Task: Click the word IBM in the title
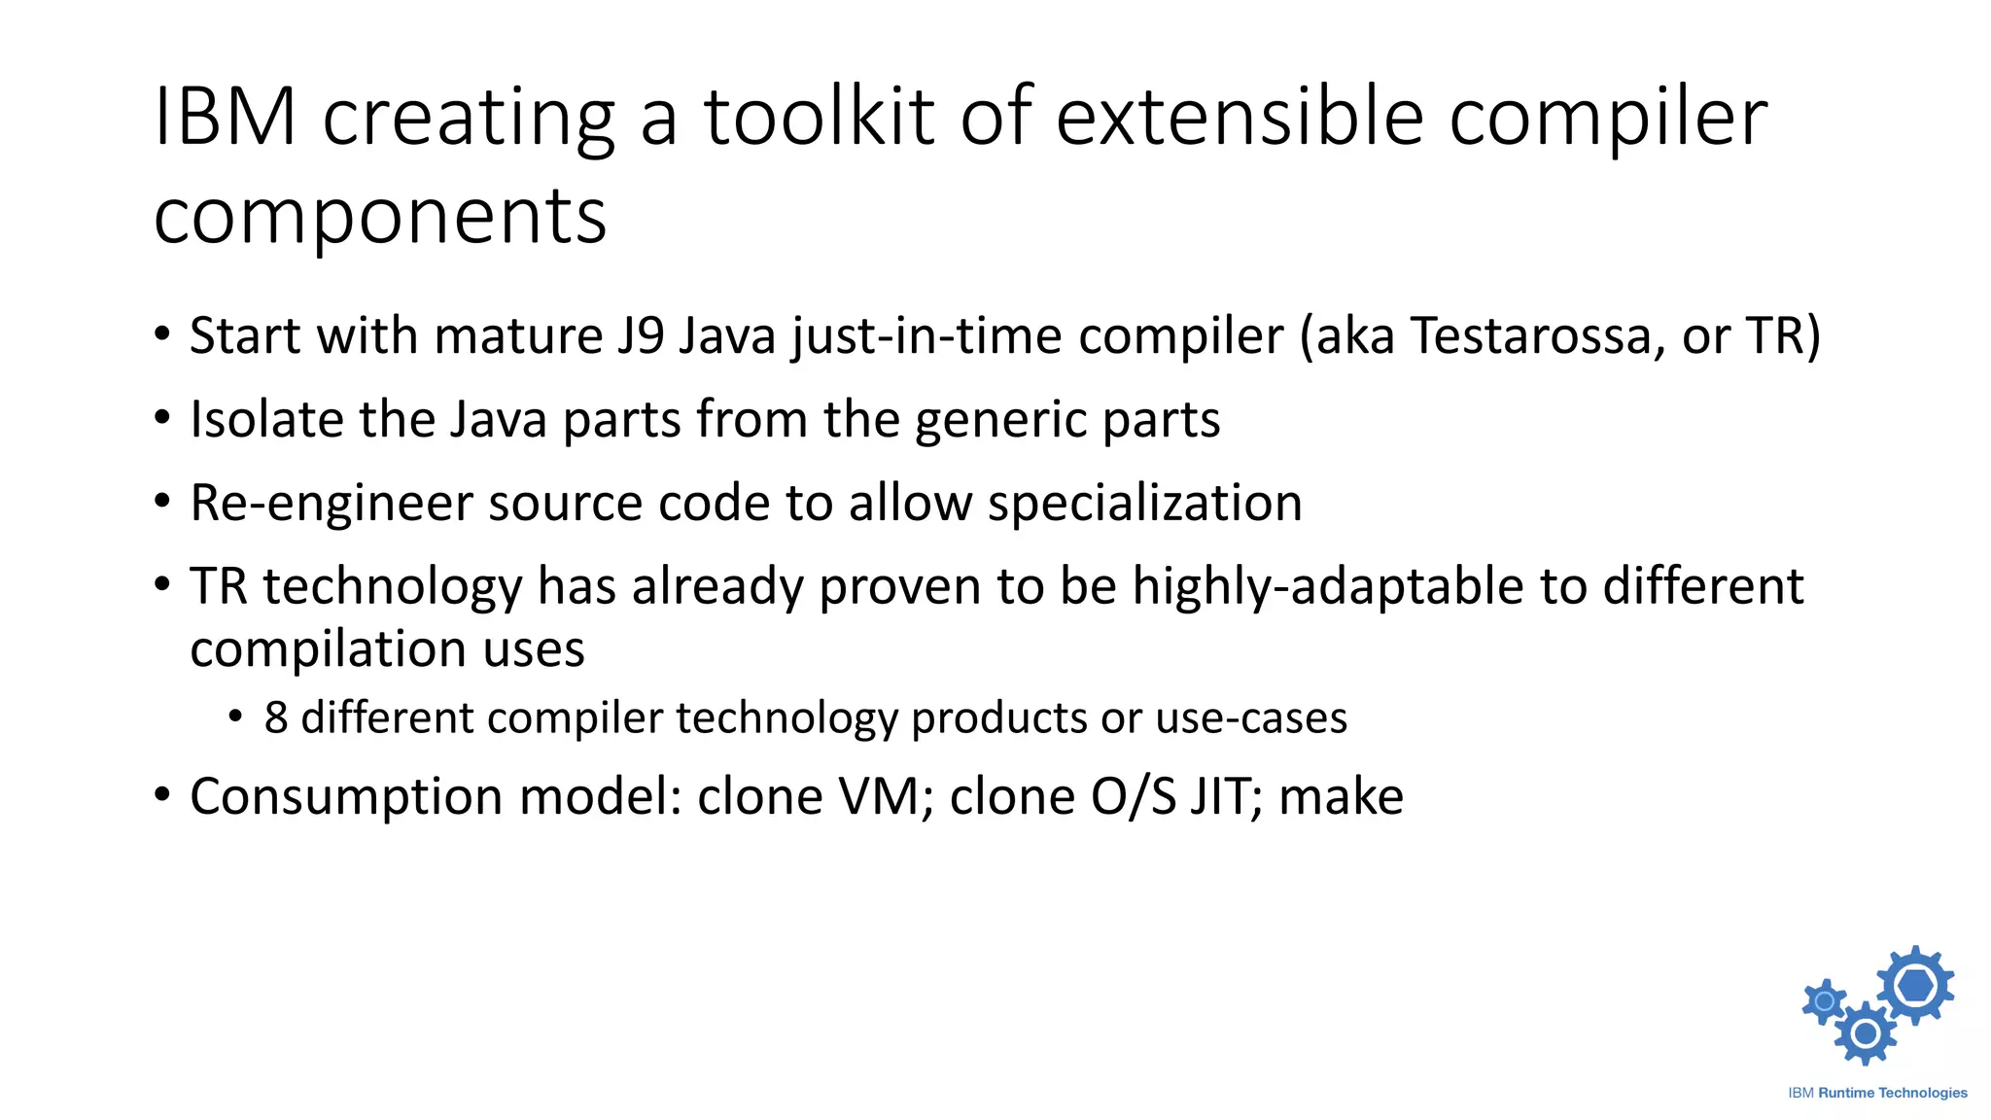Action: tap(225, 118)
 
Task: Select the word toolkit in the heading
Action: tap(820, 118)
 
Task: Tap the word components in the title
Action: tap(380, 218)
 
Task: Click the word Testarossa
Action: tap(1530, 335)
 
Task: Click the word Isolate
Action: tap(265, 420)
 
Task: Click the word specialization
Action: tap(1144, 504)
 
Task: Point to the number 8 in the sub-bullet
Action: tap(276, 718)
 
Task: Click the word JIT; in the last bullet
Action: tap(1227, 797)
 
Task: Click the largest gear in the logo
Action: tap(1915, 986)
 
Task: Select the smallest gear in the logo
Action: tap(1825, 1001)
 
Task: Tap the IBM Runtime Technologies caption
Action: tap(1877, 1093)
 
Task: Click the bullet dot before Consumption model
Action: tap(162, 795)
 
